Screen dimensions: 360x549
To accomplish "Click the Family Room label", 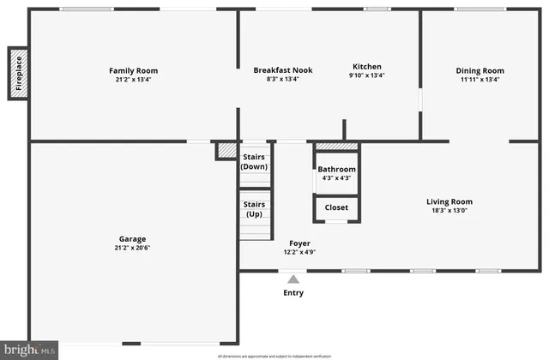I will (133, 70).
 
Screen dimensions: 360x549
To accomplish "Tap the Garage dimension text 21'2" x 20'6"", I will (133, 248).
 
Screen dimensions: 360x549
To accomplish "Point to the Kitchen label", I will (367, 67).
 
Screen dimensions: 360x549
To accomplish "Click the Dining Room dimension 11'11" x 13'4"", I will (480, 80).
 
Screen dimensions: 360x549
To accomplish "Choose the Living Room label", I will (449, 202).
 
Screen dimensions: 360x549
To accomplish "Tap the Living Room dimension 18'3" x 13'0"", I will (449, 212).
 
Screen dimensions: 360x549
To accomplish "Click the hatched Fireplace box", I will (19, 74).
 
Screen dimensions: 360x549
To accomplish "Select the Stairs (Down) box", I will (255, 162).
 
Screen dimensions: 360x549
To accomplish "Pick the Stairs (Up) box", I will (255, 209).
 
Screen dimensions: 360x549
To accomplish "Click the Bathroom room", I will (336, 174).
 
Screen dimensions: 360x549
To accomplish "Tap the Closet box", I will (336, 207).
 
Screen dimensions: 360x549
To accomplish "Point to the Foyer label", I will (299, 243).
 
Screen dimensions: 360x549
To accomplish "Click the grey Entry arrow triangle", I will (293, 279).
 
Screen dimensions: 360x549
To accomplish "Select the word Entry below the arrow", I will (293, 293).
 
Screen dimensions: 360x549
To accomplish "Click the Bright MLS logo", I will (30, 350).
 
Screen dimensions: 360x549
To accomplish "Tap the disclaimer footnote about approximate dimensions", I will (274, 355).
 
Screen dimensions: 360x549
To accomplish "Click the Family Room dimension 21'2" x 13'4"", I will (133, 80).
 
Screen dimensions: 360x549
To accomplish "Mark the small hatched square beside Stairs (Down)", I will (226, 151).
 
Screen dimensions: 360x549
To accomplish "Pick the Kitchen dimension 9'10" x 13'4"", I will (367, 75).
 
